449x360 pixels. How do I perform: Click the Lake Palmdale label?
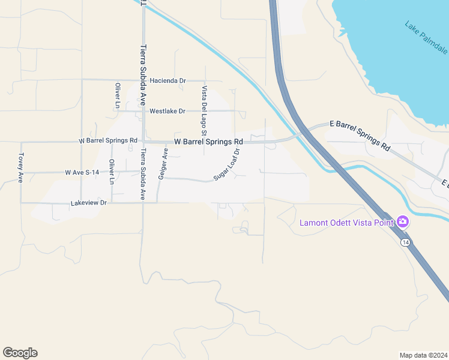click(x=426, y=37)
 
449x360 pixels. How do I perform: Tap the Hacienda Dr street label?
click(x=168, y=80)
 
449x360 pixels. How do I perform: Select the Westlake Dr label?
click(x=167, y=112)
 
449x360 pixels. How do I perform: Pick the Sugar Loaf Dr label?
click(x=227, y=165)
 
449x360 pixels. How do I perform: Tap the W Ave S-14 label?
click(x=82, y=172)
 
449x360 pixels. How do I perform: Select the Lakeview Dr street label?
click(x=88, y=203)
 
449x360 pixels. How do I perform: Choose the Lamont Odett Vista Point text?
click(x=346, y=223)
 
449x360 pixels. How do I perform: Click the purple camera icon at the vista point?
click(x=403, y=222)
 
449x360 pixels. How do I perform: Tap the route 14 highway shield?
click(x=406, y=241)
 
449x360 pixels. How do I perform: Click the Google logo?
click(x=20, y=353)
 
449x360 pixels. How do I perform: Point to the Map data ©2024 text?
click(x=423, y=355)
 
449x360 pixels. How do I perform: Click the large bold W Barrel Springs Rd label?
click(x=208, y=142)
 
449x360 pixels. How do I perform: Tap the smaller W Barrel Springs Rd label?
click(x=108, y=140)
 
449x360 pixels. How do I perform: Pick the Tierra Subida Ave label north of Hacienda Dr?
click(x=143, y=74)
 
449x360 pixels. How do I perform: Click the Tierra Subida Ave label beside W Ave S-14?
click(x=143, y=173)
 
